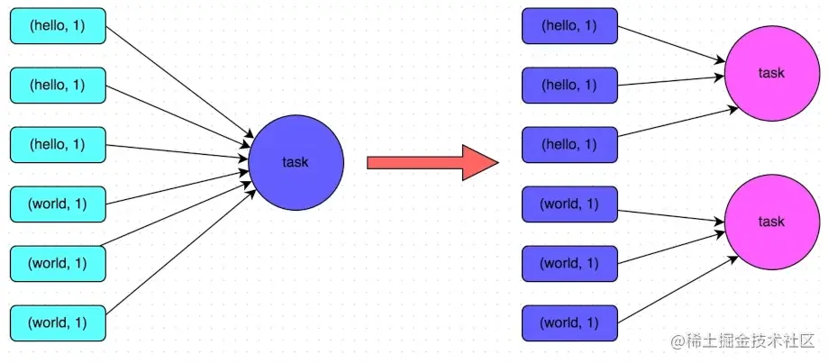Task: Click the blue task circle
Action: (x=296, y=162)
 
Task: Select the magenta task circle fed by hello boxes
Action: (x=771, y=72)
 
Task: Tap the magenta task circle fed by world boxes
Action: (x=771, y=222)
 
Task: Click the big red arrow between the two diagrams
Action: (x=432, y=162)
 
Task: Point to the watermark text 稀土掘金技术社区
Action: (x=748, y=342)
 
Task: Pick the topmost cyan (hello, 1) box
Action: (x=58, y=26)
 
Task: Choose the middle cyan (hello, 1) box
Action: (x=58, y=85)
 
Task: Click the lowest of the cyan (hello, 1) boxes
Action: (x=58, y=144)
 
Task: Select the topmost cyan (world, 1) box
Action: (x=58, y=204)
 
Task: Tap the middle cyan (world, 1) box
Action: (x=58, y=263)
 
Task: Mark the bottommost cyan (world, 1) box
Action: (x=58, y=322)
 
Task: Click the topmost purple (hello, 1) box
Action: (x=569, y=26)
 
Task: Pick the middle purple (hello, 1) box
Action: (x=569, y=85)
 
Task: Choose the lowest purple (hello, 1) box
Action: (x=569, y=144)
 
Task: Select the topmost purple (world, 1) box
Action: (x=569, y=204)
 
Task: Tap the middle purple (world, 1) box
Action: (x=569, y=263)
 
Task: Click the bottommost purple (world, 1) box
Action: (x=569, y=322)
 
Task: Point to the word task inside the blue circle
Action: (x=296, y=163)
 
